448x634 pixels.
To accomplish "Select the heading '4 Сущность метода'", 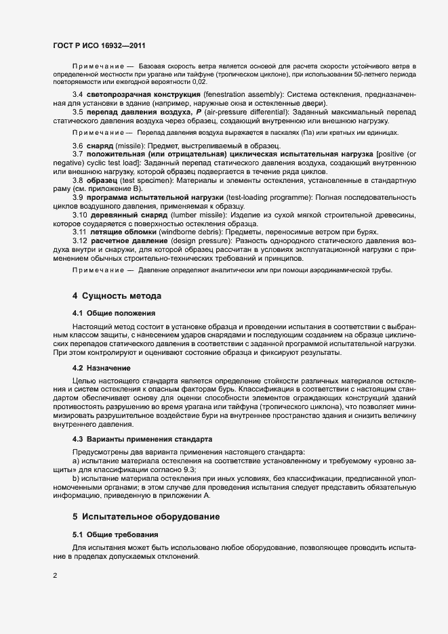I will pos(116,296).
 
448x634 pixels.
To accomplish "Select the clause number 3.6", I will pos(78,146).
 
